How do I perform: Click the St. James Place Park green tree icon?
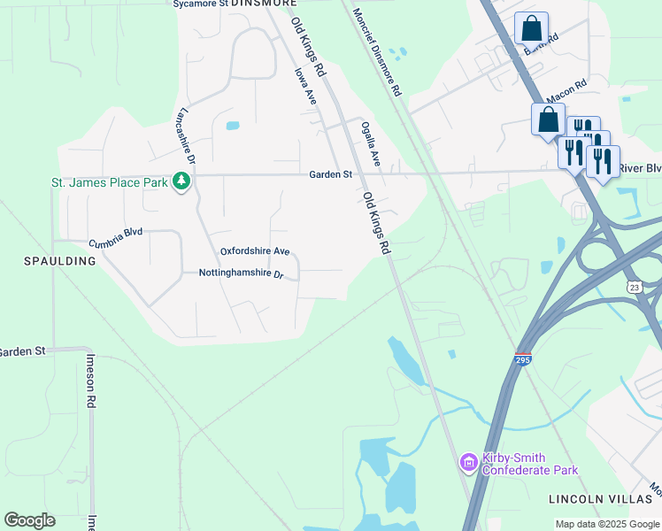(181, 181)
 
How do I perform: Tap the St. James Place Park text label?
(109, 183)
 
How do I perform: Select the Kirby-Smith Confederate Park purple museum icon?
(469, 461)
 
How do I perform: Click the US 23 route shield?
(634, 287)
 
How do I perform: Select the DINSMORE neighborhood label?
(264, 4)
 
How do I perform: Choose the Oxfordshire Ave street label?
(255, 251)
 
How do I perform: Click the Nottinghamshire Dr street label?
(241, 274)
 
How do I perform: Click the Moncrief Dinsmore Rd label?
(377, 52)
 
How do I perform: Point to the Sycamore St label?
(200, 4)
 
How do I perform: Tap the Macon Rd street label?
(567, 90)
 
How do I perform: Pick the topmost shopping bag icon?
(531, 28)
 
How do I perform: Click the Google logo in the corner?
(29, 520)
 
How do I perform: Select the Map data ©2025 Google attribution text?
(606, 524)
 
